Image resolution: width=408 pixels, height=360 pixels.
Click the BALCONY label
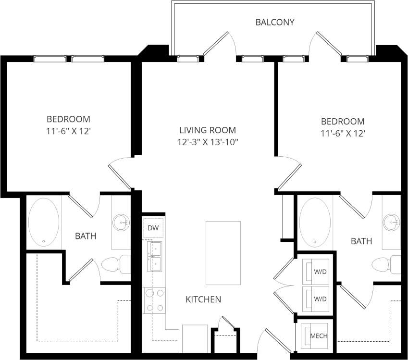coord(274,22)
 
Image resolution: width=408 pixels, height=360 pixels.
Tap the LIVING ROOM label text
coord(207,130)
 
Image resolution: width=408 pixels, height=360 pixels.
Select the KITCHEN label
coord(203,299)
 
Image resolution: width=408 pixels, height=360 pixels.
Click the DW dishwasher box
coord(153,228)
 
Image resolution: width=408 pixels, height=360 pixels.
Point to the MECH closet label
coord(319,336)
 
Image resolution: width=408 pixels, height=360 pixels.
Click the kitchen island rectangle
coord(223,252)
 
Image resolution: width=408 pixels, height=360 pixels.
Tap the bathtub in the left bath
coord(44,223)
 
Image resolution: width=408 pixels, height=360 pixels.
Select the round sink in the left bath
coord(121,222)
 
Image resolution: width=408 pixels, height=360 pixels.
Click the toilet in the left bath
coord(115,264)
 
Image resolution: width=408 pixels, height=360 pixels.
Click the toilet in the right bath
coord(386,264)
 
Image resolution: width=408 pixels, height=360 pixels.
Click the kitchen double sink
coord(155,256)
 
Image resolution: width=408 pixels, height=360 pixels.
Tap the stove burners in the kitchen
coord(155,300)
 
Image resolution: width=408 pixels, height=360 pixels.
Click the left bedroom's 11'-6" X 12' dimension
coord(68,130)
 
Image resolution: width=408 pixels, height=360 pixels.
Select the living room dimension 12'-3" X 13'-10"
coord(207,142)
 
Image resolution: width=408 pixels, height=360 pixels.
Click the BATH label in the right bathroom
coord(361,241)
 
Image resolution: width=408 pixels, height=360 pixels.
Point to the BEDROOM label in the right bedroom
coord(343,122)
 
